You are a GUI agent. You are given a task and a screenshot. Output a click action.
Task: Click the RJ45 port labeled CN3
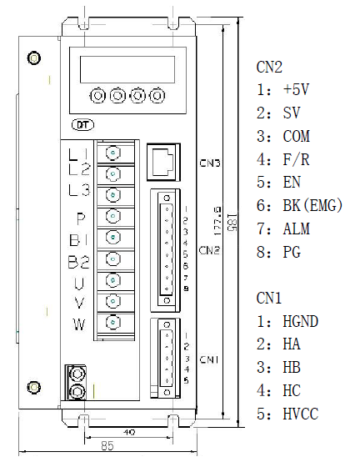(x=163, y=162)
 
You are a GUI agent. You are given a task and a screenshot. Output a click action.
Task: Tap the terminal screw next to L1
(x=113, y=153)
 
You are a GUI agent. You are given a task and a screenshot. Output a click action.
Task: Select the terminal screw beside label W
(x=113, y=322)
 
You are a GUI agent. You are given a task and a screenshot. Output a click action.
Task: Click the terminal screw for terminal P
(x=113, y=216)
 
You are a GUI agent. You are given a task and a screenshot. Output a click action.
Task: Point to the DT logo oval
(x=83, y=125)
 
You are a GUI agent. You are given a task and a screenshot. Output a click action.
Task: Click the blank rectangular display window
(x=127, y=69)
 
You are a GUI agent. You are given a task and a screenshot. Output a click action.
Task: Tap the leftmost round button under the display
(x=97, y=96)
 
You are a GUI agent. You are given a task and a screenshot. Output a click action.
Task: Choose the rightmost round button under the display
(x=157, y=96)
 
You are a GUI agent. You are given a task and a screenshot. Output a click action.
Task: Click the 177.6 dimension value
(x=217, y=222)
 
